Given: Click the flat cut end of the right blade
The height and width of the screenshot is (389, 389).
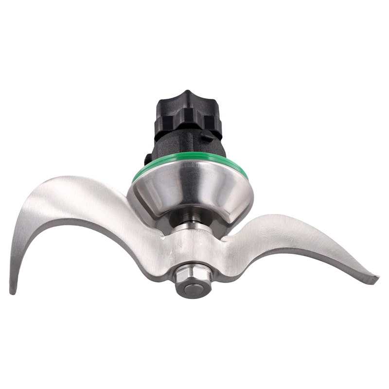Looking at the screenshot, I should (373, 280).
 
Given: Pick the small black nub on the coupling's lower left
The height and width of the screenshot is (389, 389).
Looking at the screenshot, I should (147, 159).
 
